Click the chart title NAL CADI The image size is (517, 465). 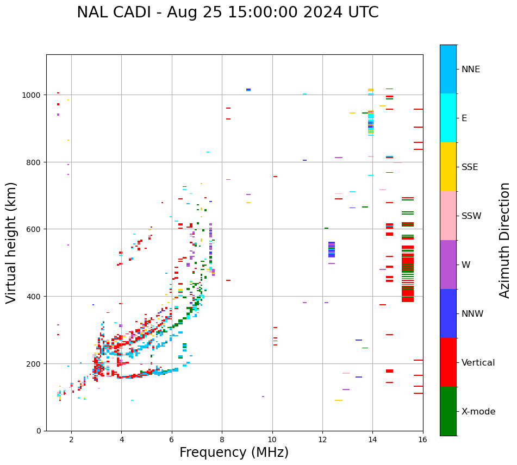[x=227, y=12]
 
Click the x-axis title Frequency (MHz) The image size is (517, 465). [x=234, y=453]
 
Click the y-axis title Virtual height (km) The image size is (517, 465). [x=11, y=242]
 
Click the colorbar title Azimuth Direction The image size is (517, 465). [x=505, y=240]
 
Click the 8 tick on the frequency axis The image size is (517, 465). [x=222, y=440]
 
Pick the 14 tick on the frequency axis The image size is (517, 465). [x=372, y=440]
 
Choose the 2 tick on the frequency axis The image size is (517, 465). [x=71, y=440]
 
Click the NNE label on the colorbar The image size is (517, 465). [x=471, y=70]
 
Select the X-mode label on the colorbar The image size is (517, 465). [x=478, y=412]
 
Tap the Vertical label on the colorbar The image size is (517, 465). [x=478, y=363]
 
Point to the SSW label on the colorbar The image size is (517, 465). [x=471, y=216]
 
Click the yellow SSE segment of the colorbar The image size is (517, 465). [x=448, y=167]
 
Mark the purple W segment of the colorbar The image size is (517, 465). [x=448, y=265]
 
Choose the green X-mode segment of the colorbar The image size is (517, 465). [x=448, y=411]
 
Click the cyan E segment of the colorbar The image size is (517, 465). [x=448, y=118]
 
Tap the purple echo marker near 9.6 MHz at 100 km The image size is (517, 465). [x=263, y=397]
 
